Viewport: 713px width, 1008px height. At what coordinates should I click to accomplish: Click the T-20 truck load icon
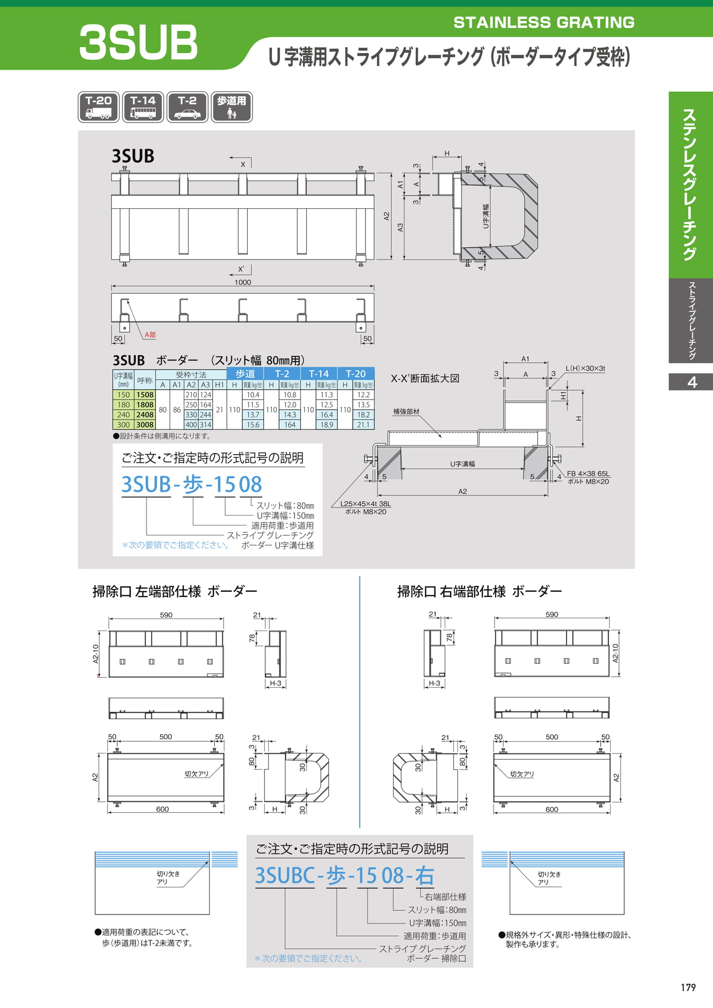[x=99, y=107]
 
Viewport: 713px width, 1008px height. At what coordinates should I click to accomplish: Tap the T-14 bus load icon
[x=143, y=107]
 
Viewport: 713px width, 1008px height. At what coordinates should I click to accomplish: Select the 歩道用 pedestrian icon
[x=232, y=107]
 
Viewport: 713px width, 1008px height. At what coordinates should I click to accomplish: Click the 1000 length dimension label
[x=243, y=282]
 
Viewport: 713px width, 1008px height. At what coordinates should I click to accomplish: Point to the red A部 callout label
[x=150, y=335]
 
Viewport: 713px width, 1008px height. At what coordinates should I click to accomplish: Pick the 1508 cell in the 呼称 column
[x=145, y=395]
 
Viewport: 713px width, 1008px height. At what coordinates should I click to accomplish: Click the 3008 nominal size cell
[x=145, y=425]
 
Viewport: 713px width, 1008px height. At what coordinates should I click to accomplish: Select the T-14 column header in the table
[x=319, y=374]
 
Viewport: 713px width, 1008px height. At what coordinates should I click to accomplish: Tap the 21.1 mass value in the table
[x=363, y=425]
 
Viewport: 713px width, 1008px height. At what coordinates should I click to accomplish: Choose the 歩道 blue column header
[x=245, y=374]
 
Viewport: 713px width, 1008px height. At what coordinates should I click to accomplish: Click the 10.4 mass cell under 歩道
[x=253, y=395]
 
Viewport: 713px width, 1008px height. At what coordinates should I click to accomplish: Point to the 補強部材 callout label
[x=406, y=412]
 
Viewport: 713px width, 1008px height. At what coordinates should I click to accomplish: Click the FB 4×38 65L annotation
[x=588, y=474]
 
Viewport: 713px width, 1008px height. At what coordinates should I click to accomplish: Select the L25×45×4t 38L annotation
[x=365, y=504]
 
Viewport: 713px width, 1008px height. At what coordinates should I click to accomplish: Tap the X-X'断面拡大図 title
[x=425, y=379]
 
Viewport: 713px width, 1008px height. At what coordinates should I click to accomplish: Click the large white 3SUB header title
[x=138, y=43]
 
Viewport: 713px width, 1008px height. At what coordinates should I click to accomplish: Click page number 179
[x=688, y=988]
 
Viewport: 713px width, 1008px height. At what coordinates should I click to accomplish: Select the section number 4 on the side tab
[x=692, y=382]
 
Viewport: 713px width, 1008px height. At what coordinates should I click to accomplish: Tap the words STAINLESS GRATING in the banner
[x=544, y=22]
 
